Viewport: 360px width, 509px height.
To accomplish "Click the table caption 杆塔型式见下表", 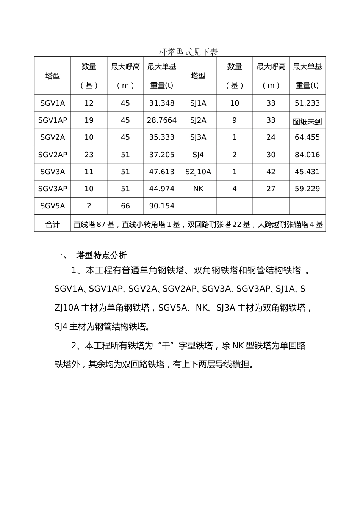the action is click(188, 52).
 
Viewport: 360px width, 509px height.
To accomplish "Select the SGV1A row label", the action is click(52, 103).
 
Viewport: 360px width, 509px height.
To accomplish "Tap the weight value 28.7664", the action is click(162, 120).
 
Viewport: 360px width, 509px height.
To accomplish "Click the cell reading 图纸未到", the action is click(307, 122).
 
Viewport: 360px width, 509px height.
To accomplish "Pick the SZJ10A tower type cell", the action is click(198, 172).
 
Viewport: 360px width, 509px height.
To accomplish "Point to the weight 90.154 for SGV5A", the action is click(162, 206).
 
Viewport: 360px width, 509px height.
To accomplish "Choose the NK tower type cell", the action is click(198, 189).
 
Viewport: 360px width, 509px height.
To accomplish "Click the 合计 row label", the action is click(52, 225).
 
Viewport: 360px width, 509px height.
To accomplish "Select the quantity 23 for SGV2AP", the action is click(89, 155).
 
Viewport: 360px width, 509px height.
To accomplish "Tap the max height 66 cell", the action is click(125, 206).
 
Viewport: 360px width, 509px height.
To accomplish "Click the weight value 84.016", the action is click(307, 155).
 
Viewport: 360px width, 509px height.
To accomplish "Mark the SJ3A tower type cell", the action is click(198, 137).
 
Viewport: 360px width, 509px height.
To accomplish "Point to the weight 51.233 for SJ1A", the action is click(307, 103).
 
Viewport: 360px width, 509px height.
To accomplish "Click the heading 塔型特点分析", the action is click(102, 255).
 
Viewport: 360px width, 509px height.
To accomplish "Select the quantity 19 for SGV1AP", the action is click(89, 120).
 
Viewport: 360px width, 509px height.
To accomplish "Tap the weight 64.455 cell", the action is click(307, 137).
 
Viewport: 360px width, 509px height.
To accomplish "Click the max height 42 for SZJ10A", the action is click(271, 172).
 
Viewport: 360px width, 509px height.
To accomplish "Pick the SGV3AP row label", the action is click(52, 189).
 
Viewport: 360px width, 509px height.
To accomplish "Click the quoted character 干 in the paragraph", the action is click(166, 345).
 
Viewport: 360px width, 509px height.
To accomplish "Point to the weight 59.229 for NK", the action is click(307, 189).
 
